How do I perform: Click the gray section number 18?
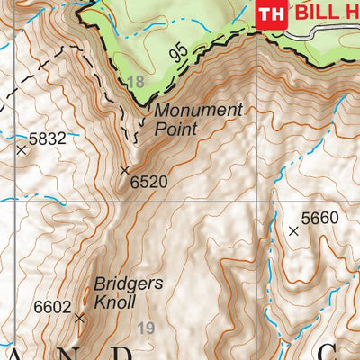coord(136,83)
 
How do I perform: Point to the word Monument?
coord(199,111)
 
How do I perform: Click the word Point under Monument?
coord(175,129)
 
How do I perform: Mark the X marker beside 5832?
coord(21,150)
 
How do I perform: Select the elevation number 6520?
coord(148,182)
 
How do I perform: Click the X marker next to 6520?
coord(125,169)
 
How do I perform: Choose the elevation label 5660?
coord(319,217)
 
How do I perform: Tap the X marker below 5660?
coord(292,231)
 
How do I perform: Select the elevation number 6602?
coord(52,307)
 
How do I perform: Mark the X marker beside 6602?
coord(79,318)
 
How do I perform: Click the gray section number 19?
coord(147,328)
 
